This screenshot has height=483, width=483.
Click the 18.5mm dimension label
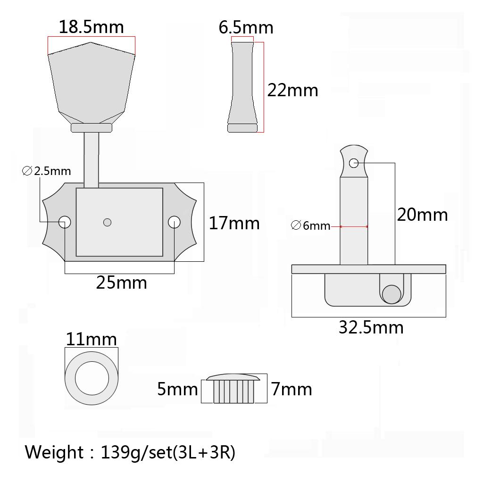91,27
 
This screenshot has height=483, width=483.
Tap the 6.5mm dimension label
246,28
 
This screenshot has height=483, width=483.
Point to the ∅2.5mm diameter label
47,171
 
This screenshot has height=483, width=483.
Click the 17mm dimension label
234,223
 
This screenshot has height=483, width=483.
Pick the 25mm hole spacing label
121,283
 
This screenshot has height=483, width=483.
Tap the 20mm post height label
422,215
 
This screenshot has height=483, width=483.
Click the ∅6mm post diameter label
310,226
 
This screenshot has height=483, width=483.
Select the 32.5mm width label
371,327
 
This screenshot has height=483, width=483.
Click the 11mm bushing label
91,340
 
